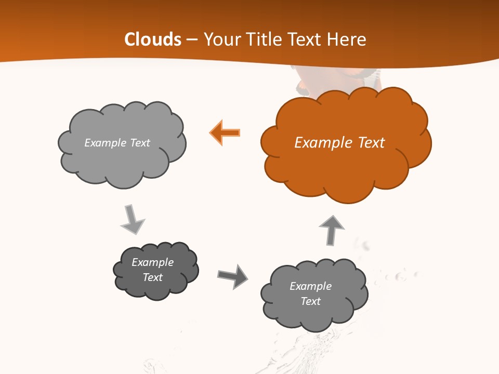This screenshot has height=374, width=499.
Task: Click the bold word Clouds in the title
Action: click(x=153, y=39)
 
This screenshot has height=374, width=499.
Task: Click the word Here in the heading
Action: click(x=349, y=39)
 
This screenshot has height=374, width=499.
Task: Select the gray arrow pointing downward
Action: click(x=132, y=220)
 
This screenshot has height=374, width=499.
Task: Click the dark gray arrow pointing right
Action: click(x=232, y=276)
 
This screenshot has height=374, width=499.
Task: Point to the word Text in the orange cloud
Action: click(x=370, y=143)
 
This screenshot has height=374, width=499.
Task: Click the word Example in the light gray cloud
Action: click(x=106, y=143)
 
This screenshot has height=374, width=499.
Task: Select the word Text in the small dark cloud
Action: click(x=152, y=277)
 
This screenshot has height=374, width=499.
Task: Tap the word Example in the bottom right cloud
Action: click(x=310, y=286)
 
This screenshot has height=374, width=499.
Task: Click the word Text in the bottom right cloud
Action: click(x=310, y=301)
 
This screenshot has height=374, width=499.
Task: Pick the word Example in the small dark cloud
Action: click(x=152, y=262)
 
